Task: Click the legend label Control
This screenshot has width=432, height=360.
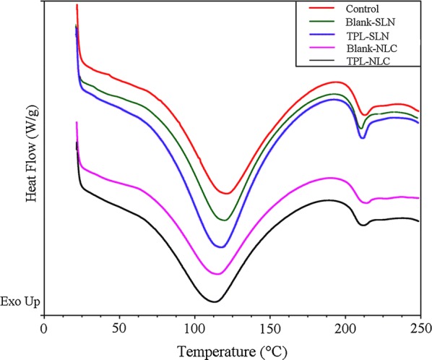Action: tap(362, 9)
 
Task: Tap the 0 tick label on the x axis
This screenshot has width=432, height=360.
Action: tap(44, 327)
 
